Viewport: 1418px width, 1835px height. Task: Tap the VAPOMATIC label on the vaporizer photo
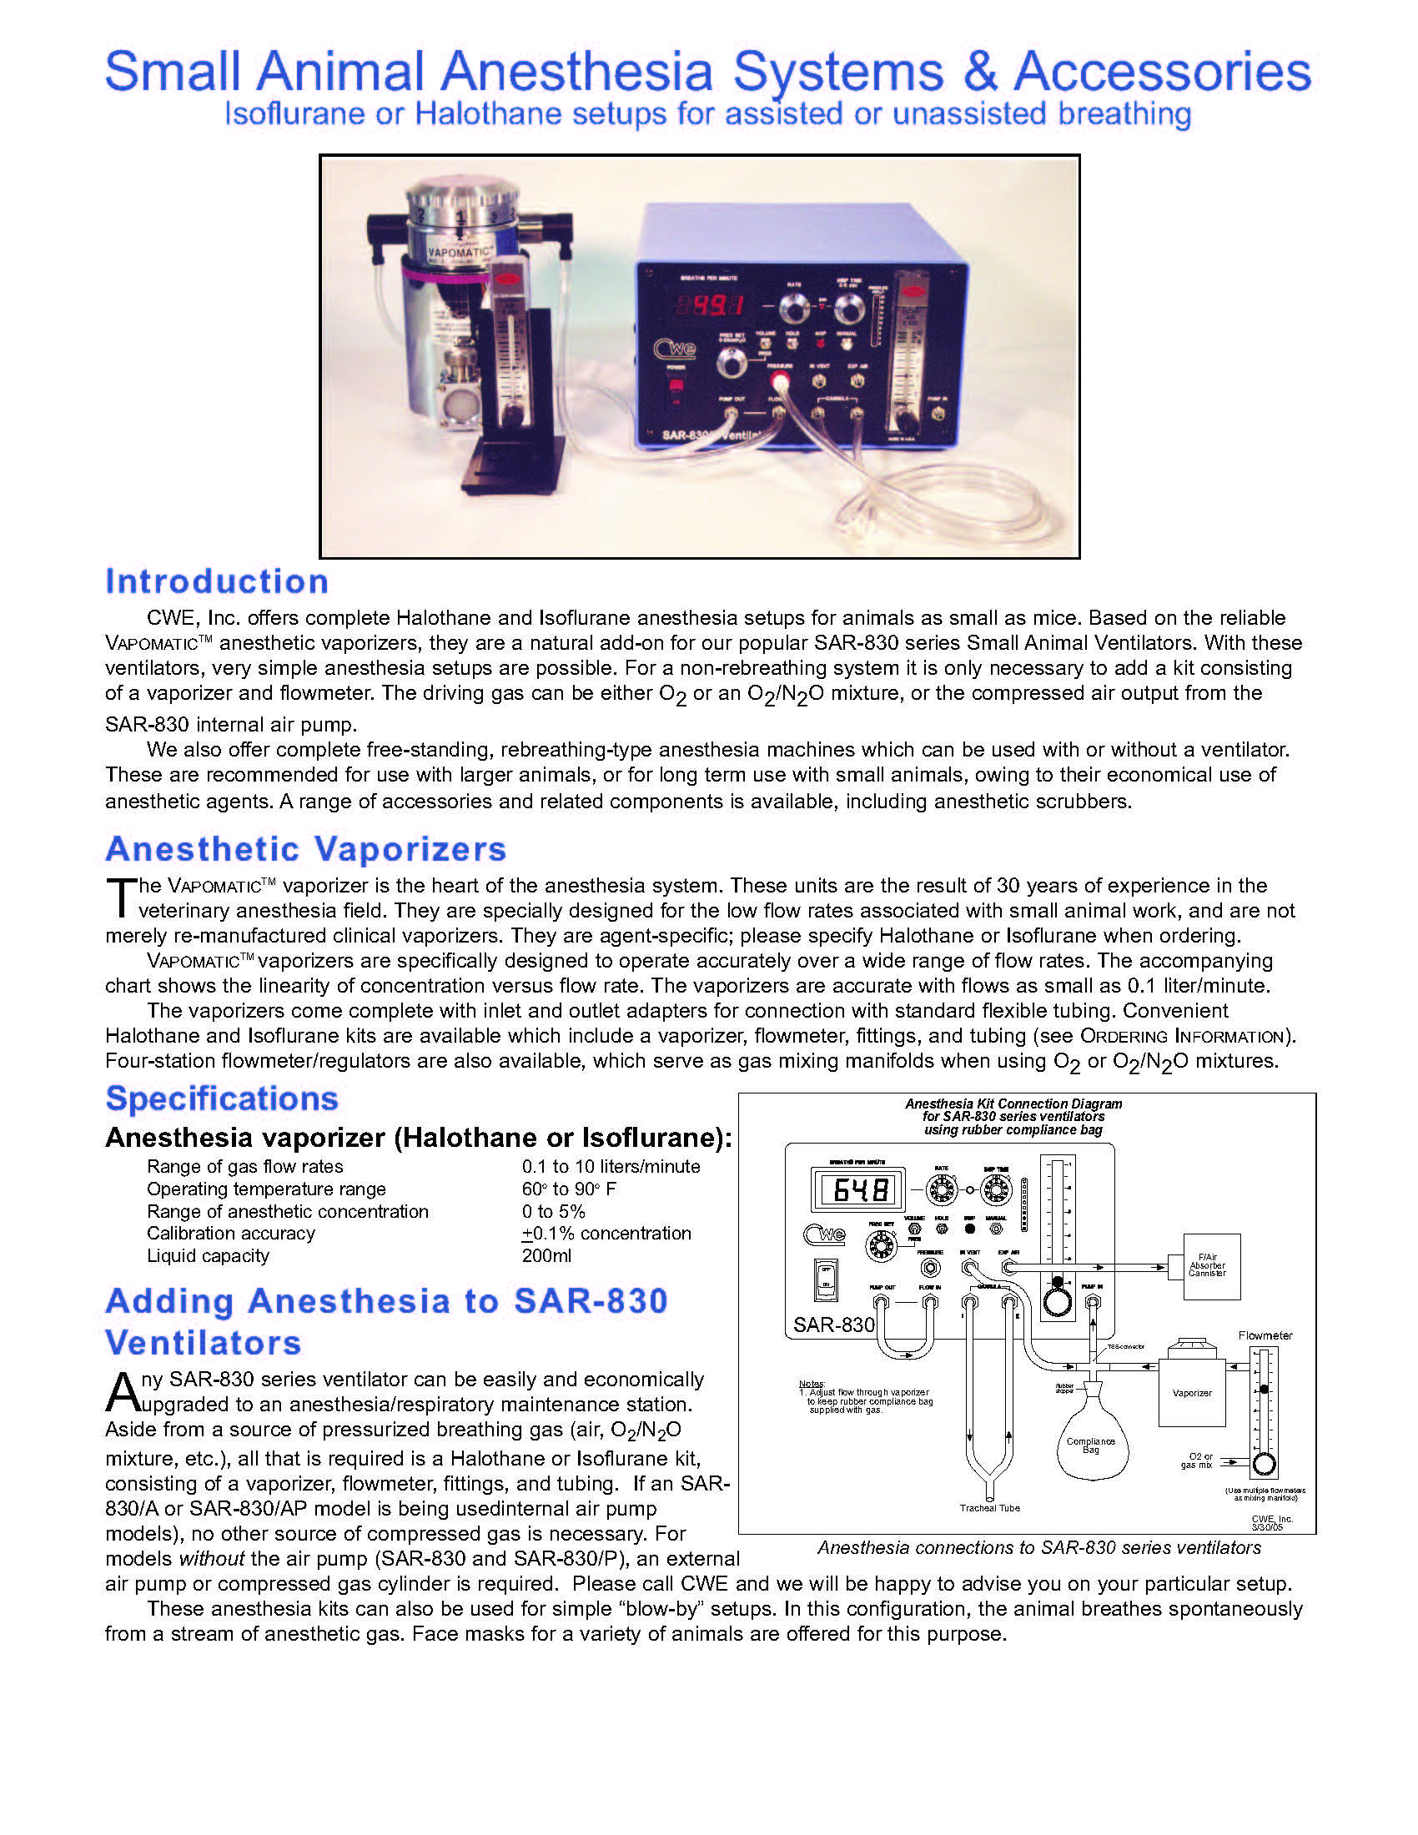pyautogui.click(x=460, y=249)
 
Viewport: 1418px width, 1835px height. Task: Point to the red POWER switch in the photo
pyautogui.click(x=675, y=388)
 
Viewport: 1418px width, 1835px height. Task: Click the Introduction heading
pyautogui.click(x=217, y=581)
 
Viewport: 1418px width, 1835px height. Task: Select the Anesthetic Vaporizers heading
pyautogui.click(x=306, y=848)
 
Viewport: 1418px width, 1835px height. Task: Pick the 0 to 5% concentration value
pyautogui.click(x=553, y=1211)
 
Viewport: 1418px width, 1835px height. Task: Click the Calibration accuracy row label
pyautogui.click(x=231, y=1233)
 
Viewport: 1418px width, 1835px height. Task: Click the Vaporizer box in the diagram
pyautogui.click(x=1191, y=1392)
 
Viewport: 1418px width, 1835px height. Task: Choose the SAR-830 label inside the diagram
pyautogui.click(x=833, y=1325)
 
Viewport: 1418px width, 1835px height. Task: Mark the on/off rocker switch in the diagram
pyautogui.click(x=827, y=1279)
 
